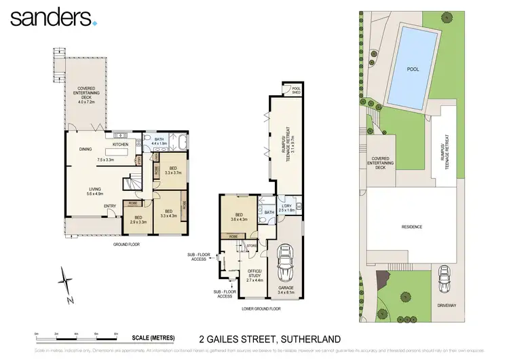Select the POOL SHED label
pyautogui.click(x=296, y=90)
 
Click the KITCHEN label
pyautogui.click(x=120, y=144)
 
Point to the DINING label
pyautogui.click(x=86, y=149)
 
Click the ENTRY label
pyautogui.click(x=109, y=206)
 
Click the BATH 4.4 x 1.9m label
pyautogui.click(x=159, y=141)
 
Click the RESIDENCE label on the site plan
pyautogui.click(x=411, y=227)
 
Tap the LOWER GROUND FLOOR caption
pyautogui.click(x=261, y=308)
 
